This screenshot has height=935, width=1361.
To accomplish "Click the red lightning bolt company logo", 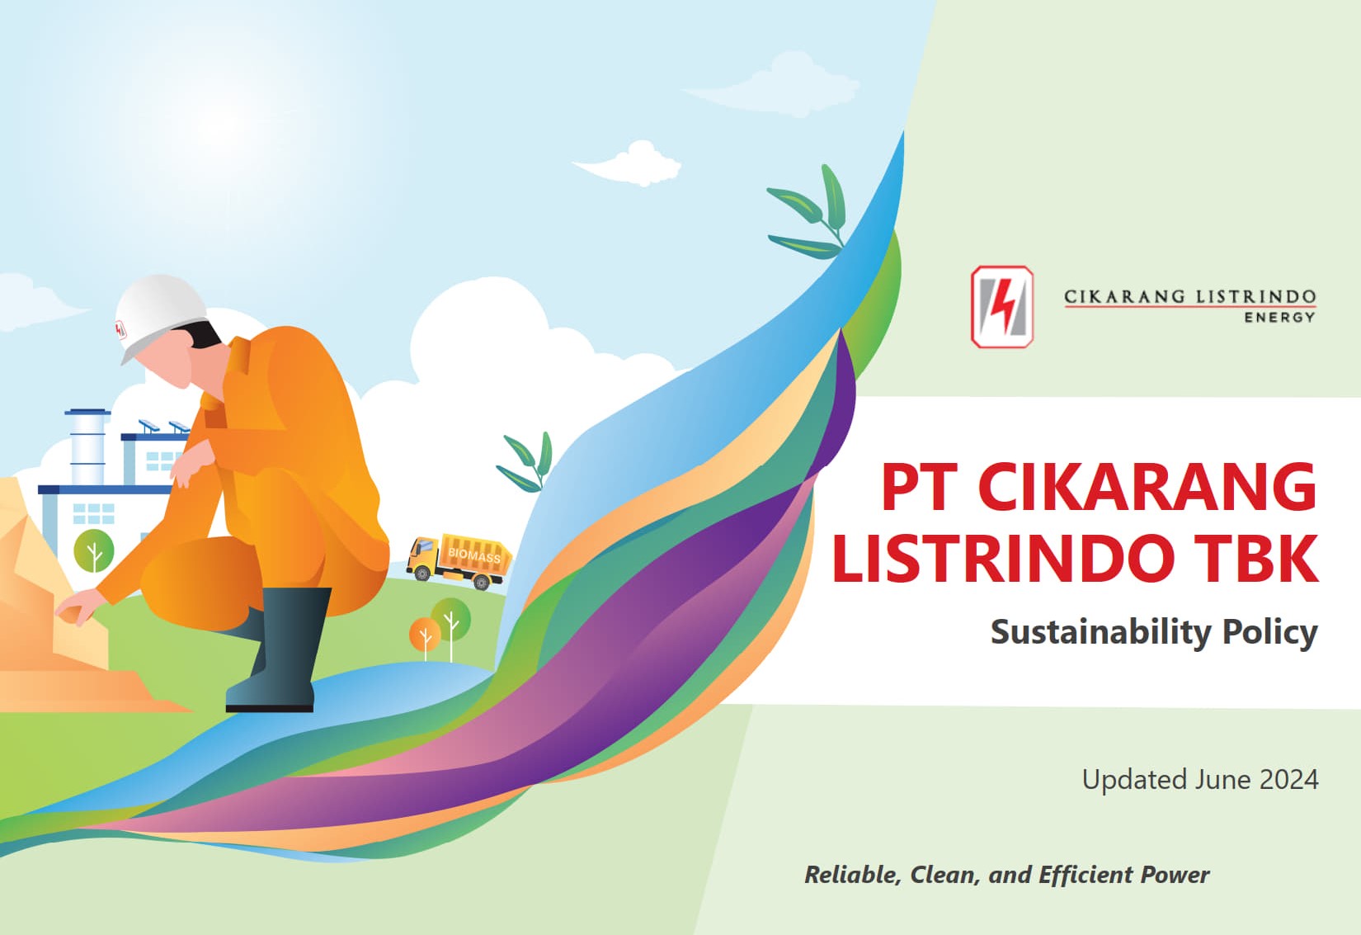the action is click(x=1002, y=306).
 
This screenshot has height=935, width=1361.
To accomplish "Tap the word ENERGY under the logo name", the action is click(x=1279, y=318).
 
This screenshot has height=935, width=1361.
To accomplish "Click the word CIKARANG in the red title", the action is click(x=1147, y=488).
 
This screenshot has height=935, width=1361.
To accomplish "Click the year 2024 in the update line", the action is click(x=1288, y=779).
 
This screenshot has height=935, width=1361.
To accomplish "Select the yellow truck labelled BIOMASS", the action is click(x=459, y=560).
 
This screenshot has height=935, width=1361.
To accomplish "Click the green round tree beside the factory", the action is click(x=93, y=550).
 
